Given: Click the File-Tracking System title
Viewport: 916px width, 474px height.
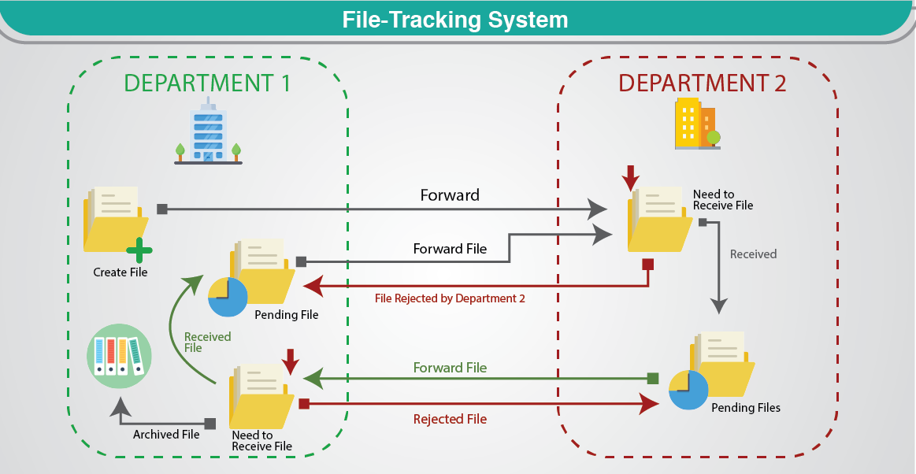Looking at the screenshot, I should coord(455,20).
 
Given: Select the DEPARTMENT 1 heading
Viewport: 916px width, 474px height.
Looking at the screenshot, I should coord(207,83).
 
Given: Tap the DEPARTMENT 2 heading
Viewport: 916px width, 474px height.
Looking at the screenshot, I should coord(702,83).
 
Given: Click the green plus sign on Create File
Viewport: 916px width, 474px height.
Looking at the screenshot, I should coord(139,250).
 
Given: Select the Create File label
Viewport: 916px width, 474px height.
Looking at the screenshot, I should coord(121,272).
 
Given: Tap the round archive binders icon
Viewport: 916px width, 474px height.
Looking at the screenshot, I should coord(118,355).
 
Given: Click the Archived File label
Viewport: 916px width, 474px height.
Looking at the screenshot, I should coord(166,434).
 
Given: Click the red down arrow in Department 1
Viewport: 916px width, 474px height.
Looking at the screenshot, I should coord(291,361).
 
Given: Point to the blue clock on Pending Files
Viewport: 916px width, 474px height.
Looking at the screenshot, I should coord(688,389).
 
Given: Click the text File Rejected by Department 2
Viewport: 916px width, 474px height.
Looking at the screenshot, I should coord(450,298).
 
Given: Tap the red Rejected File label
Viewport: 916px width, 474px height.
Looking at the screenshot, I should coord(450,419).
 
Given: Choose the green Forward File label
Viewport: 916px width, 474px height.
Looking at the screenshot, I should coord(450,368).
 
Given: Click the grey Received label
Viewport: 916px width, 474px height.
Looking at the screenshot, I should coord(753,254).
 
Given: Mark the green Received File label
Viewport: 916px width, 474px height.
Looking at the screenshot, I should coord(207,342).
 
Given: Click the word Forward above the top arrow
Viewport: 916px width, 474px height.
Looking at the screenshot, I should coord(450,195).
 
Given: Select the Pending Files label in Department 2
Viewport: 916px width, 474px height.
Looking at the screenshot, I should coord(746,408).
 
